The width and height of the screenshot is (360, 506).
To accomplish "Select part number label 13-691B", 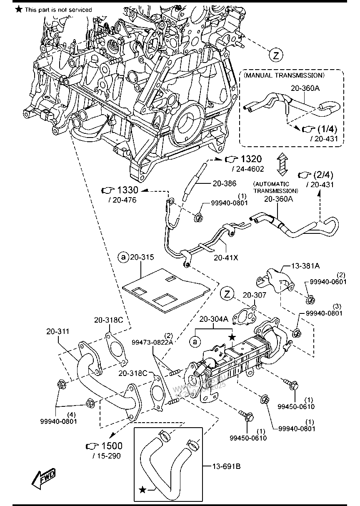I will point(226,466).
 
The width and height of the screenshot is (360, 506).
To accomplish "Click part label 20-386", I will point(224,183).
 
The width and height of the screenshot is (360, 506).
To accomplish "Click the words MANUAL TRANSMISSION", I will point(284,75).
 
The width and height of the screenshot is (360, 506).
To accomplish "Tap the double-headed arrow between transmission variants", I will point(282,165).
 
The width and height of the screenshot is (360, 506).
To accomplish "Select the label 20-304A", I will point(213,319).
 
